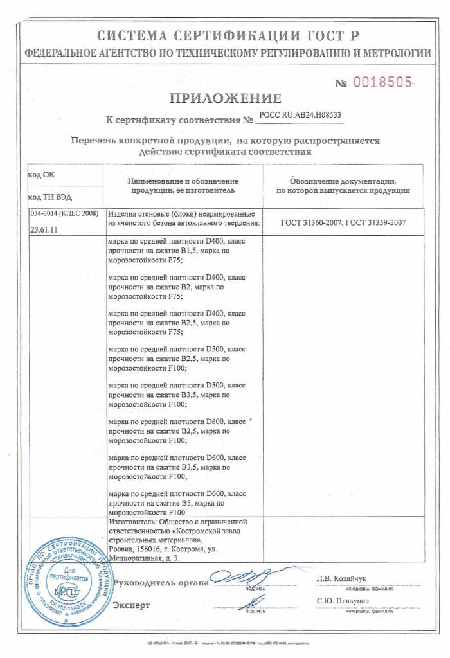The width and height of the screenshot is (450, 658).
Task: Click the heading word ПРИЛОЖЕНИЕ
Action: tap(225, 98)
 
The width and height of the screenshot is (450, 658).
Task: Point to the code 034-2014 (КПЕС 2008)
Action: tap(63, 213)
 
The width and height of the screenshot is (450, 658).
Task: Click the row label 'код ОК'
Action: tap(40, 175)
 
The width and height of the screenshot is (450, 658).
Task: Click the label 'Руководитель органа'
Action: tap(161, 583)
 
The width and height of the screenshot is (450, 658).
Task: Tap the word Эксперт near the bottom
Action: tap(131, 605)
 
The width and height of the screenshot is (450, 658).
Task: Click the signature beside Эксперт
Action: tap(254, 602)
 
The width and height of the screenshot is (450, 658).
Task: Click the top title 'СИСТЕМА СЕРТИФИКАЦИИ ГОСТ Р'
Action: tap(225, 35)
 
